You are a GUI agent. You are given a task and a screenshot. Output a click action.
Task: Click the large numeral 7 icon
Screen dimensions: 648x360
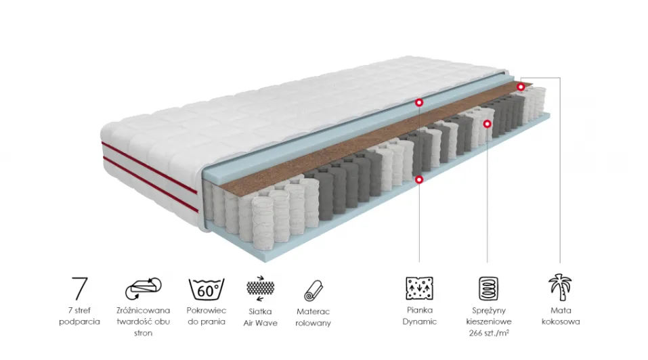[x=80, y=288]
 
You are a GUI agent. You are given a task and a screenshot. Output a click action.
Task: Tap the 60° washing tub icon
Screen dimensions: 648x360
[x=207, y=288]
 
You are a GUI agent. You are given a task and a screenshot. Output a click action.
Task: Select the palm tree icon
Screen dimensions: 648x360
[x=561, y=288]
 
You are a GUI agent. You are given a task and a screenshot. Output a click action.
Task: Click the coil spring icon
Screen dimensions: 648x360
[x=488, y=288]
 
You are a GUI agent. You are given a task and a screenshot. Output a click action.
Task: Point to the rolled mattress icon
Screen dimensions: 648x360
[x=314, y=291]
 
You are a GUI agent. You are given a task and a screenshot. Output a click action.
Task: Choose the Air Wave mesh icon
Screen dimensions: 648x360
[x=261, y=288]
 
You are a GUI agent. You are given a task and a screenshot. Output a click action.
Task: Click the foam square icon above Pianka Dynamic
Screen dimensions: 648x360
[x=419, y=288]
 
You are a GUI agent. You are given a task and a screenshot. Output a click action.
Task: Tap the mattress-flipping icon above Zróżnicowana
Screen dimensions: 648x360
[x=144, y=288]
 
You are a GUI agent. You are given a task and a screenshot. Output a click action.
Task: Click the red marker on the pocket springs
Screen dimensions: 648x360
[x=488, y=123]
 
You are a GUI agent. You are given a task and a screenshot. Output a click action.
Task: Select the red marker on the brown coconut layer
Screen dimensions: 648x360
[x=521, y=87]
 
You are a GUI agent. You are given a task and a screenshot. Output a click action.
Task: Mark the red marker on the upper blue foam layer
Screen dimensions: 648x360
[x=419, y=102]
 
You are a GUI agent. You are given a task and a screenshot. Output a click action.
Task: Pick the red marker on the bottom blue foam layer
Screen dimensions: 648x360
[x=419, y=179]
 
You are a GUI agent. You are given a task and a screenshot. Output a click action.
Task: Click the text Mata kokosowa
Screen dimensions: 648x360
[x=561, y=316]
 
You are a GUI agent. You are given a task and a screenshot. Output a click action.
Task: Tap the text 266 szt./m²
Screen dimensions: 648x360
[x=489, y=333]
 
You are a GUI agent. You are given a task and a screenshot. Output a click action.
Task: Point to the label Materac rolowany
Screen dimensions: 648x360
[x=314, y=317]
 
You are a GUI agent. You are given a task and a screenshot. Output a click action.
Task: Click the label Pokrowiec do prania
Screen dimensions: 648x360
[x=207, y=316]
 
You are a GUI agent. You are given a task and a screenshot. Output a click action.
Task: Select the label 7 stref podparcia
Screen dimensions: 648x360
[x=79, y=316]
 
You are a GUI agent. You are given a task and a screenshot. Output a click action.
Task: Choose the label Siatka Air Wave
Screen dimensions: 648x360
[x=261, y=317]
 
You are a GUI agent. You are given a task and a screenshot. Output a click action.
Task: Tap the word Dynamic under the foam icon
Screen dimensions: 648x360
[x=419, y=321]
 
